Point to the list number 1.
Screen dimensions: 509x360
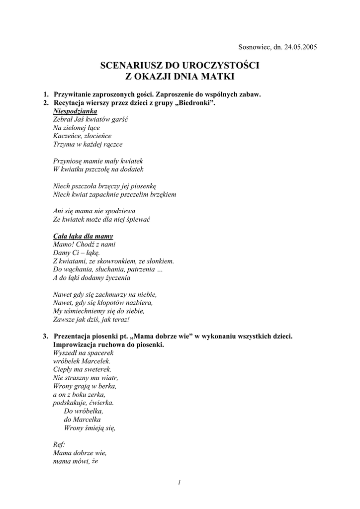tap(45, 94)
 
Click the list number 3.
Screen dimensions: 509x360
tap(45, 337)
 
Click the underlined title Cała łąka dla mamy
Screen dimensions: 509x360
tap(83, 236)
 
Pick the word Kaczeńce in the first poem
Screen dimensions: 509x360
tap(67, 136)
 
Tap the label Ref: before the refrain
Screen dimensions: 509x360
tap(58, 445)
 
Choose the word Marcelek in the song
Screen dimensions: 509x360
tap(95, 361)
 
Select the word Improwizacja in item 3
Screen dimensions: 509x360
tap(76, 345)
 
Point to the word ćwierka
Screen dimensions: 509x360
tap(101, 403)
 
